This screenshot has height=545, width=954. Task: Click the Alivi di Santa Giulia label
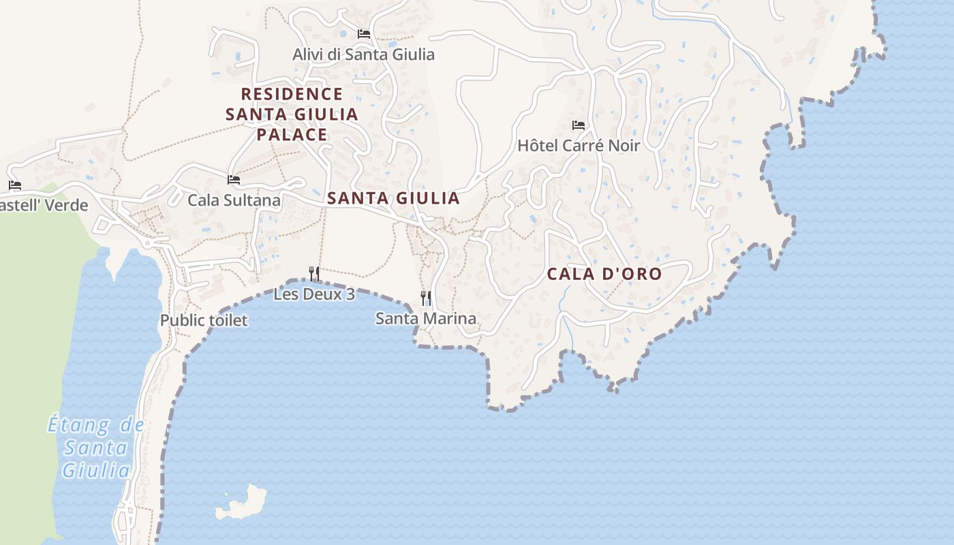pos(363,54)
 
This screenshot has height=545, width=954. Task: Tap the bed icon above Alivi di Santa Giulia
pos(364,33)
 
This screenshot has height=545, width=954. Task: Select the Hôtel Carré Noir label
pos(579,145)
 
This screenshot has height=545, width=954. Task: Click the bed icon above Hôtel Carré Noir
pos(579,125)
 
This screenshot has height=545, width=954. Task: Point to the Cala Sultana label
pos(234,200)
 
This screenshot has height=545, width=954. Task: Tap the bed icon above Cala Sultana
pos(234,180)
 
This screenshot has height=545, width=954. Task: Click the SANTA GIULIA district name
pos(393,198)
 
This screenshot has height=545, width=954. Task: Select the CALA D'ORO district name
pos(604,274)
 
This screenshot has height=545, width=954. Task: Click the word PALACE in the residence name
pos(292,134)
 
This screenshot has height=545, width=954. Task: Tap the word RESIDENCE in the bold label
pos(292,93)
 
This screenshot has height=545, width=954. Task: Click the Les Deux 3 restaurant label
pos(314,294)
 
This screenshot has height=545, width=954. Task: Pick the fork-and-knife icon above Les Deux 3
pos(314,274)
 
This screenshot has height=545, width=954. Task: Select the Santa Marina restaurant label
pos(426,318)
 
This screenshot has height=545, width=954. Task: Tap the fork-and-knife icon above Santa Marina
pos(426,298)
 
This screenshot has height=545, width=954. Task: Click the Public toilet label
pos(204,320)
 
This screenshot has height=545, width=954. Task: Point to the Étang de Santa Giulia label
pos(96,448)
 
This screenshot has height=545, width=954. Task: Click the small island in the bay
pos(242,503)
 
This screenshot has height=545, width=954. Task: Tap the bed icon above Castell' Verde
pos(15,185)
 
